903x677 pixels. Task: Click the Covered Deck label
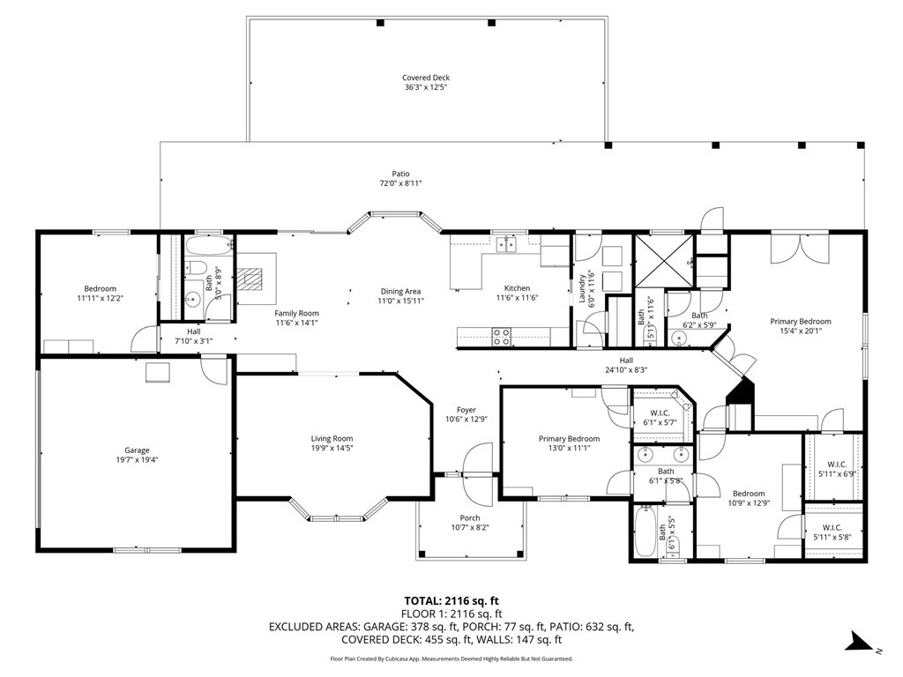tap(426, 78)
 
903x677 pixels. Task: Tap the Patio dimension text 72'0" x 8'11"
tap(401, 183)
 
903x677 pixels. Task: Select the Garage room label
tap(137, 450)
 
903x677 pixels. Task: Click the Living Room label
tap(332, 439)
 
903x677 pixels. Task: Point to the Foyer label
tap(466, 410)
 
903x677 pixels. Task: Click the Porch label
tap(470, 518)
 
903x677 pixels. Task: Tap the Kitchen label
tap(517, 288)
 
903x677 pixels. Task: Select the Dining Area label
tap(400, 291)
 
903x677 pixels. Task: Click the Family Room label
tap(296, 313)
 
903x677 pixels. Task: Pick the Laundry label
tap(582, 288)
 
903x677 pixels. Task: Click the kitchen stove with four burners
tap(502, 337)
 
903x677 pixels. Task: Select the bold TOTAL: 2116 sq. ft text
tap(451, 601)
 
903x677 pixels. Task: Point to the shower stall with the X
tap(664, 262)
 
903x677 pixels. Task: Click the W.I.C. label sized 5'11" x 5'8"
tap(832, 527)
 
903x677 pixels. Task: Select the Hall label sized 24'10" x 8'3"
tap(627, 361)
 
